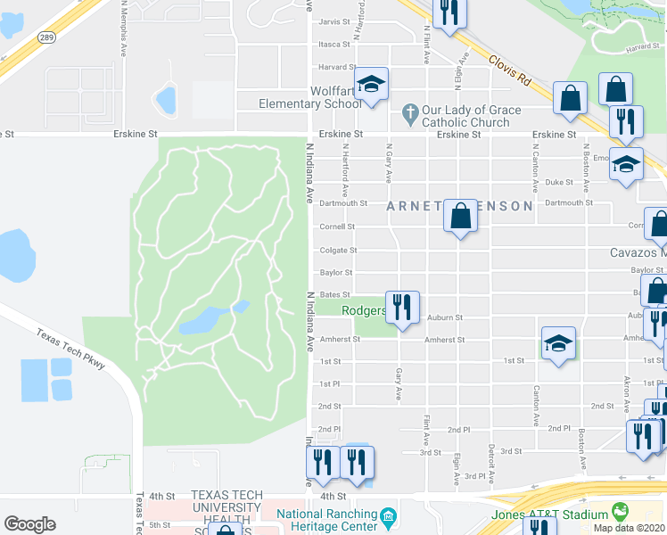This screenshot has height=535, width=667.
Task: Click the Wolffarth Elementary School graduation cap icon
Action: tap(372, 86)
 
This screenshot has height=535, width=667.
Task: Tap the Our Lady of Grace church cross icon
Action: tap(409, 114)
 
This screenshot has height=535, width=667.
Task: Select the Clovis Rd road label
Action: tap(509, 69)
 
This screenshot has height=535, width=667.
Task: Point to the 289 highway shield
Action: tap(47, 37)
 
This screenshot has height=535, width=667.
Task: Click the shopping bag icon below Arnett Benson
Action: tap(460, 216)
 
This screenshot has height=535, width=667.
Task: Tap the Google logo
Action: tap(29, 524)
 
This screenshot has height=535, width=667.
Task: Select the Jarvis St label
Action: tap(334, 21)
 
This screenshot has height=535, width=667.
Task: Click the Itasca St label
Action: tap(334, 44)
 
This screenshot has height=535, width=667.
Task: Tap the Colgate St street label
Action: tap(339, 251)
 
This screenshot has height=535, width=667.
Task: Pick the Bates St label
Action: tap(335, 294)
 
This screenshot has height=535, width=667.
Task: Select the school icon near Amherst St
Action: tap(558, 342)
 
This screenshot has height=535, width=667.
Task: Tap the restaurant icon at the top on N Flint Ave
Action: tap(449, 12)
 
